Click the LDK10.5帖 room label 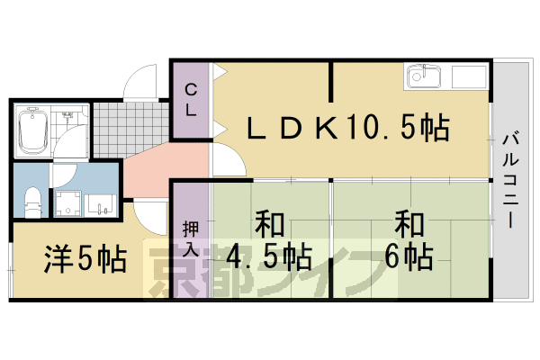click(x=348, y=127)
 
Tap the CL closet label click(x=191, y=100)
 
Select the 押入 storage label click(x=191, y=239)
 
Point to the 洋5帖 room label click(x=85, y=258)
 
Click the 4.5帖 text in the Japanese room click(x=268, y=257)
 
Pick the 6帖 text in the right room click(x=409, y=257)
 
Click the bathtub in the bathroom click(x=32, y=130)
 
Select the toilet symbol click(x=33, y=202)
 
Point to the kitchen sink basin click(x=424, y=77)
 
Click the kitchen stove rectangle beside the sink click(x=468, y=76)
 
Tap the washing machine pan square click(x=67, y=203)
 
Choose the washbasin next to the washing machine click(x=100, y=204)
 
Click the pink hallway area click(x=166, y=169)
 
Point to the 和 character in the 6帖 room click(x=409, y=225)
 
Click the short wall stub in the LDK click(x=331, y=82)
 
